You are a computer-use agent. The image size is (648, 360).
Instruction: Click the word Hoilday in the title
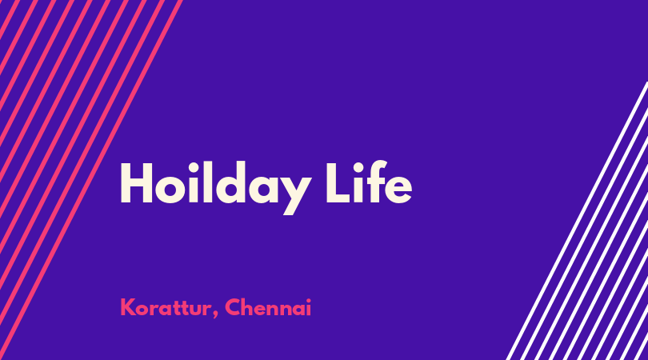click(215, 188)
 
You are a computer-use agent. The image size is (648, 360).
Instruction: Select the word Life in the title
click(369, 182)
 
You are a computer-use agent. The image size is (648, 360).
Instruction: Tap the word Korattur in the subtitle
click(166, 307)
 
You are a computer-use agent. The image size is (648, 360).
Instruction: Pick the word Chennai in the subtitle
click(268, 307)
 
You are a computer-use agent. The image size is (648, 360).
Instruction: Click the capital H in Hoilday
click(136, 182)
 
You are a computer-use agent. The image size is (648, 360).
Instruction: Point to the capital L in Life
click(338, 182)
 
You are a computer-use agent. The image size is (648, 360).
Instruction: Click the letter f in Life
click(375, 182)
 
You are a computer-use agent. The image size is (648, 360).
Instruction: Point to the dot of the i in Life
click(358, 166)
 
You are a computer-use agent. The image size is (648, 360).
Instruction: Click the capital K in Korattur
click(129, 307)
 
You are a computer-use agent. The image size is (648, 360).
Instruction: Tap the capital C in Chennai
click(234, 307)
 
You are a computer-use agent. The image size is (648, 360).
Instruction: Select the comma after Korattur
click(216, 315)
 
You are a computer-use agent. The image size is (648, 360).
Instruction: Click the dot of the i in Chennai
click(308, 300)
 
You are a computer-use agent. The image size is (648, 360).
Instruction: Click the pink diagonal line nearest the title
click(91, 180)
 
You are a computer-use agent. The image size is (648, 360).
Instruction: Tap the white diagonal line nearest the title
click(577, 221)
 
